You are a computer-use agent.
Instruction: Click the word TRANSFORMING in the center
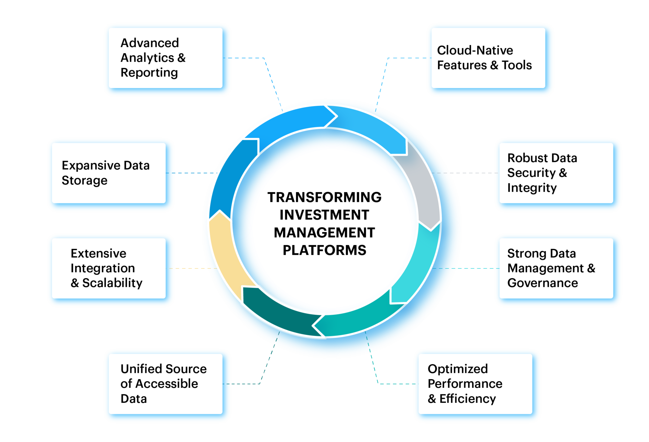[324, 197]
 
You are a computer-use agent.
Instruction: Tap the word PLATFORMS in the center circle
[324, 250]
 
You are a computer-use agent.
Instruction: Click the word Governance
[543, 283]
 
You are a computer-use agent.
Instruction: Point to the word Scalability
[112, 283]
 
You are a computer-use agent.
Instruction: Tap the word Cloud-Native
[475, 50]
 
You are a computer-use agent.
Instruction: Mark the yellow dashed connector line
[191, 268]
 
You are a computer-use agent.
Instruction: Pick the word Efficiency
[468, 399]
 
